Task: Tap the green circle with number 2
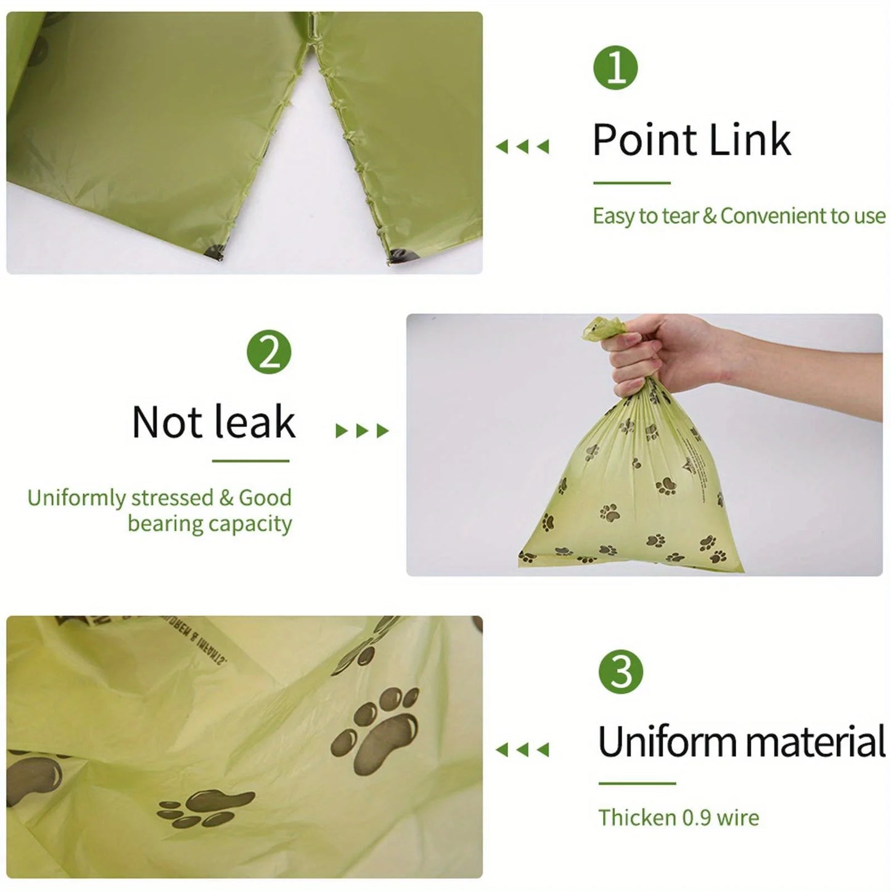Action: coord(269,353)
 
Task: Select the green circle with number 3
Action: coord(621,671)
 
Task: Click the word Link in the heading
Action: coord(750,140)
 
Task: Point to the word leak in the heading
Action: coord(255,423)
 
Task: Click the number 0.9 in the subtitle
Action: coord(697,818)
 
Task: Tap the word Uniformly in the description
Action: coord(76,498)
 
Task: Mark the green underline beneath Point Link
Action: coord(631,183)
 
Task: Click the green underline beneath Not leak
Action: coord(250,461)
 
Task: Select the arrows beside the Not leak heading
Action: coord(362,431)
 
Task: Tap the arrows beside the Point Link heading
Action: coord(522,147)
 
